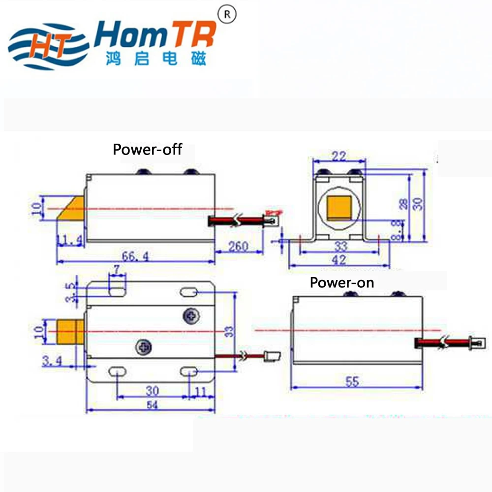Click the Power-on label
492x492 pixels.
point(341,282)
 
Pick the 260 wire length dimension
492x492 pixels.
point(238,246)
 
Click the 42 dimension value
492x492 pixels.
point(339,260)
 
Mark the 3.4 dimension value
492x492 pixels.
point(52,362)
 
